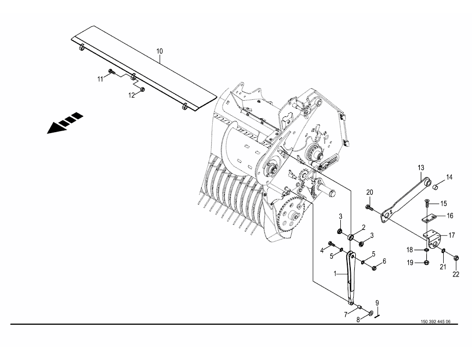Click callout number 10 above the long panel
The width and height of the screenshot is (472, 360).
[x=159, y=51]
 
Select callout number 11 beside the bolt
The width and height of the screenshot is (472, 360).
[x=100, y=79]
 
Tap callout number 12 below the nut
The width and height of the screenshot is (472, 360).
[x=132, y=95]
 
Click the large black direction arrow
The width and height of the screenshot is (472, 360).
[x=65, y=123]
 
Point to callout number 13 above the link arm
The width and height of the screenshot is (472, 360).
[x=421, y=167]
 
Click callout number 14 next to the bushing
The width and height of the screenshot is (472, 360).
[x=449, y=177]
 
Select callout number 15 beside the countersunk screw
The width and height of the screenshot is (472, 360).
[x=444, y=204]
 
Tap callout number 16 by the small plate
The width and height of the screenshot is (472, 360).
[x=450, y=216]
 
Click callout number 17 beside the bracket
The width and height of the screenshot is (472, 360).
[x=452, y=235]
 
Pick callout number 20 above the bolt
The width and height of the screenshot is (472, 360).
[x=370, y=192]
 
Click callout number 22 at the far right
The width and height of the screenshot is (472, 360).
[x=456, y=274]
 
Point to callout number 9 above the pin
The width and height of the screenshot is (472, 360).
[x=377, y=303]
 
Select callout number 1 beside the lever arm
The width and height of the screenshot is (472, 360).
[x=335, y=274]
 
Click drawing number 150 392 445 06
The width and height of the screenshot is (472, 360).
[x=436, y=321]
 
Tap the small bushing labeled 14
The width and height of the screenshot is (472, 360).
[x=435, y=188]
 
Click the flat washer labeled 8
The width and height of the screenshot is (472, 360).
[x=370, y=313]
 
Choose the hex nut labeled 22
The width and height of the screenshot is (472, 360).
[x=456, y=258]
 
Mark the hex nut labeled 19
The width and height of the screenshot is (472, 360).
[x=426, y=263]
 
